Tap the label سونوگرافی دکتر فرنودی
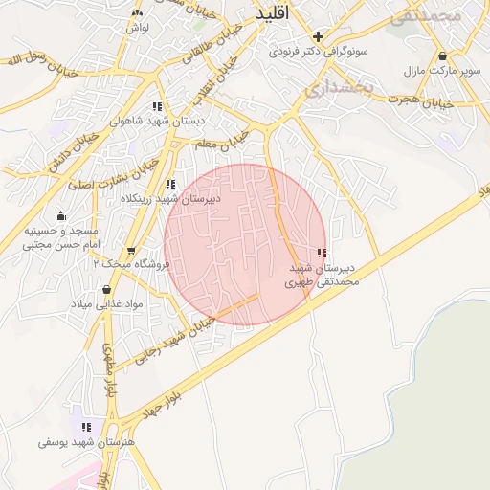point(316,51)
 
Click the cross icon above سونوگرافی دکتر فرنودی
point(318,36)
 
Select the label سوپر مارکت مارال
point(441,71)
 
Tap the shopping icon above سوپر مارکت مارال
point(442,55)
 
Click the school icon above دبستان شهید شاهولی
point(157,107)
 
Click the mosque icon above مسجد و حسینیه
point(62,215)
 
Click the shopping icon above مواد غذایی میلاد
point(105,289)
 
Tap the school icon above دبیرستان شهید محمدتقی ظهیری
point(321,253)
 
